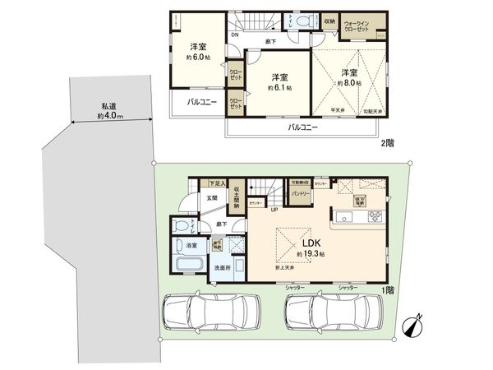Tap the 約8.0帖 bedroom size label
pos(349,81)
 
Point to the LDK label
pos(310,243)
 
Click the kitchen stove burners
pos(374,217)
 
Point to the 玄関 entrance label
pos(211,197)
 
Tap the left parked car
pos(211,313)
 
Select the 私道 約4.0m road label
pos(109,112)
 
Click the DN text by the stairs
pos(235,35)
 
